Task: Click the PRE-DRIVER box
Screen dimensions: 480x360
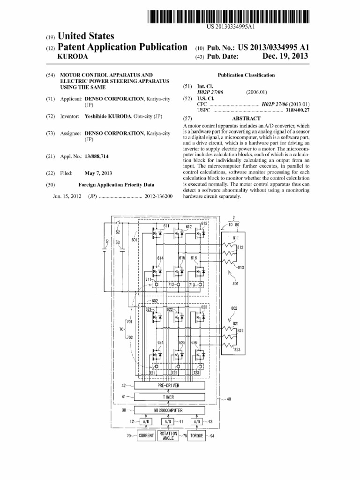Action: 169,386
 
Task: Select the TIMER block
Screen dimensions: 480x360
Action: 169,397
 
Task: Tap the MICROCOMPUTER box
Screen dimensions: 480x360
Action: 169,411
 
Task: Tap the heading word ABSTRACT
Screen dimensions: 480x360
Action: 246,119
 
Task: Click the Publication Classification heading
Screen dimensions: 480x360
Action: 246,75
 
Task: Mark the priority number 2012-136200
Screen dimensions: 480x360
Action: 159,196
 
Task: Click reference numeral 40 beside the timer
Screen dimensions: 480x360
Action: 229,399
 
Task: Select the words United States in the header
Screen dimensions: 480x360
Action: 86,36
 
